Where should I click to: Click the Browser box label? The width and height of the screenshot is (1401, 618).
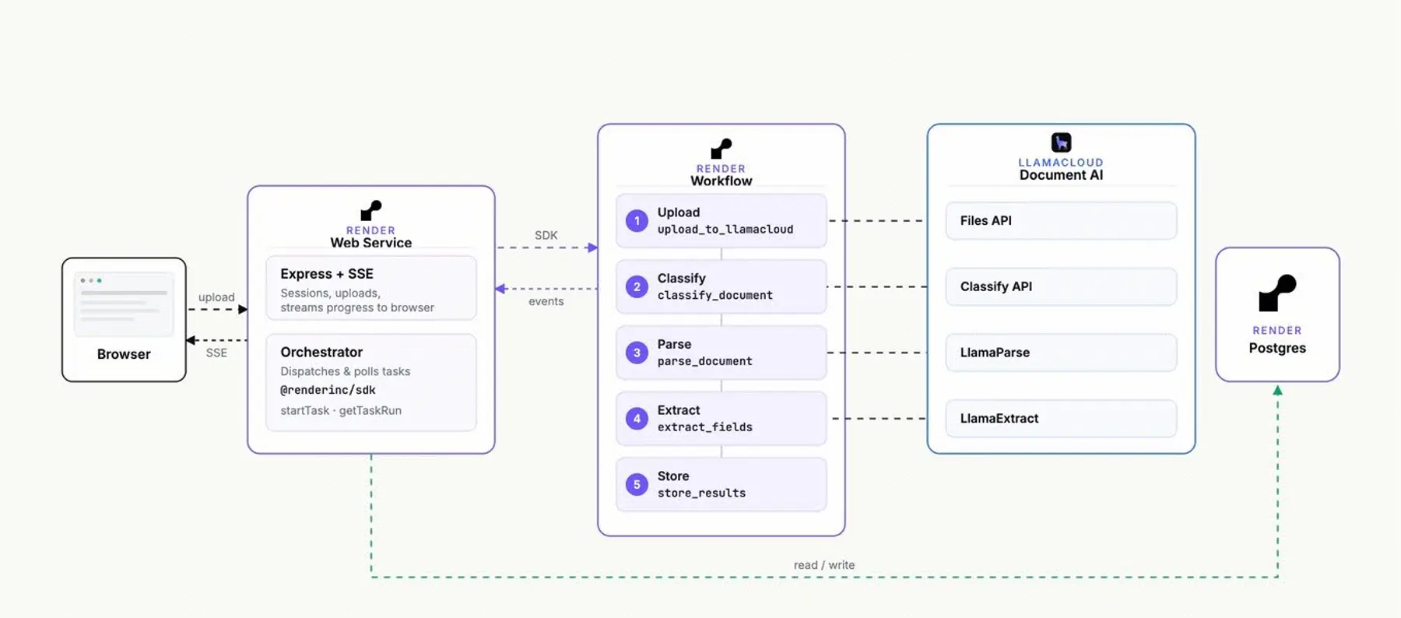[124, 354]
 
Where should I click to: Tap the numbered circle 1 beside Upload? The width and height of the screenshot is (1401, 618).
[637, 221]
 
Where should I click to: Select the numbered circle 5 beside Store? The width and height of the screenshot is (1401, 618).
[637, 484]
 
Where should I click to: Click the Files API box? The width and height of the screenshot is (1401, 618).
[1061, 221]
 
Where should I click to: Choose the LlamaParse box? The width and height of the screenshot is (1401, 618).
[1061, 353]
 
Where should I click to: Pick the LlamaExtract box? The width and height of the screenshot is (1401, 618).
[1061, 419]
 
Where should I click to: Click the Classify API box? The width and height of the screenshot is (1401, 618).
[1061, 286]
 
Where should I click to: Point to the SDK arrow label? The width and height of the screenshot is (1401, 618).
[546, 235]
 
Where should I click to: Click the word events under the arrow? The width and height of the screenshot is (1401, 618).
[546, 301]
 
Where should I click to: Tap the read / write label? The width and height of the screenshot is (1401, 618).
[823, 565]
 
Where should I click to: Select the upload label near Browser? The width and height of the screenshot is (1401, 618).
[216, 297]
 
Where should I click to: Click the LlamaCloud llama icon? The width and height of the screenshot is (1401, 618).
[1061, 142]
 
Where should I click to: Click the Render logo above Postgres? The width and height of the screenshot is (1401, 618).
[1277, 293]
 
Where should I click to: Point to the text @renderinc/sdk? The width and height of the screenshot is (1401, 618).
[328, 390]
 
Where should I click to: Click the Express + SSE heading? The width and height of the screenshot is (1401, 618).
[327, 274]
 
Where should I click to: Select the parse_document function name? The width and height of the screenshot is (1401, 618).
[704, 361]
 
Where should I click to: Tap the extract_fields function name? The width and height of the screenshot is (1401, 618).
[704, 427]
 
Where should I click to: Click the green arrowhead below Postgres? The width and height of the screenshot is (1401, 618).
[1277, 390]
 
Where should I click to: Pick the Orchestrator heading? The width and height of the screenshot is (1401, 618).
[321, 352]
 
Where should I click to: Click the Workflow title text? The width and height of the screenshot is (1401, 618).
[721, 181]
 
